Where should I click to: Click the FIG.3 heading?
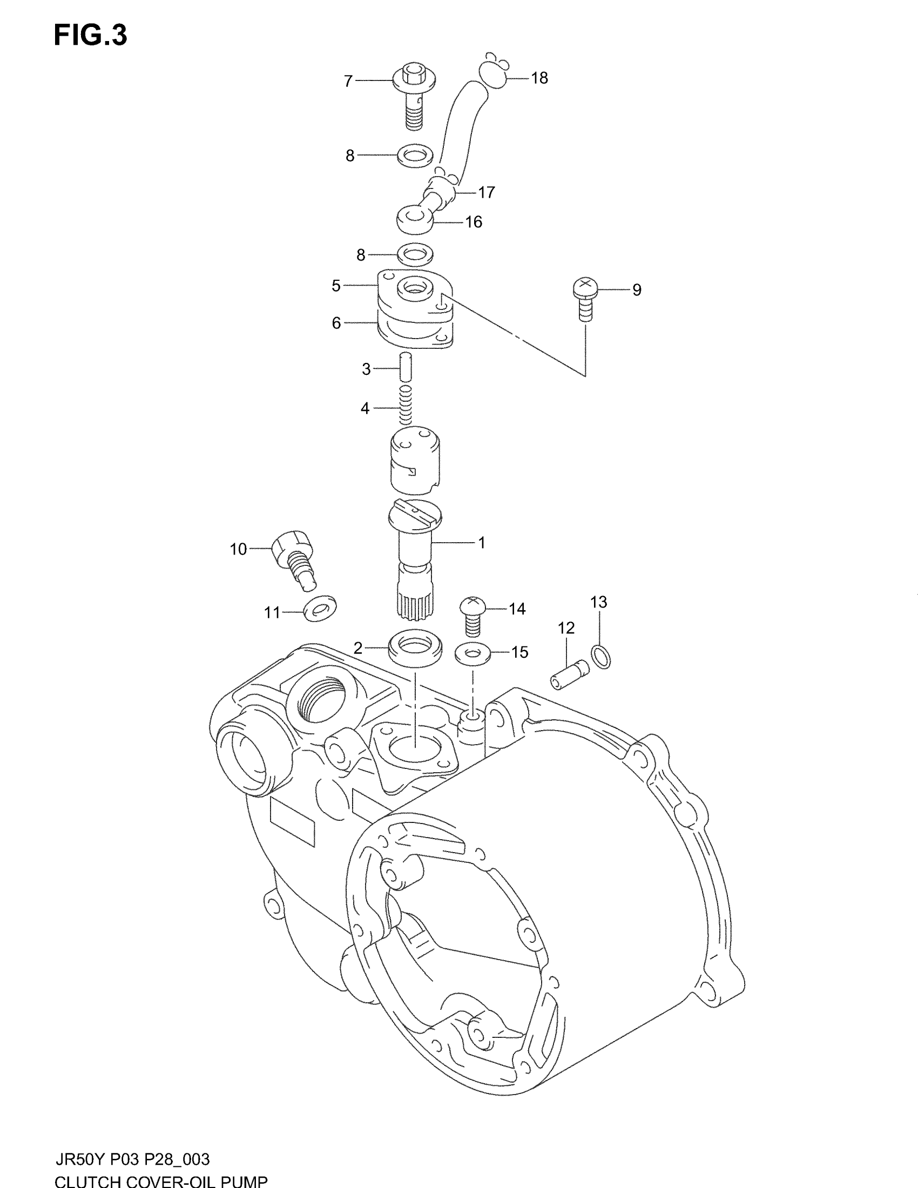point(90,36)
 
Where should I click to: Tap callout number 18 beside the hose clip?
point(539,78)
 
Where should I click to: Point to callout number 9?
point(636,290)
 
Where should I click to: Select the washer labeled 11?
point(320,608)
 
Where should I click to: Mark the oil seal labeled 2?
point(415,646)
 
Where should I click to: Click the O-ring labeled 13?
point(601,656)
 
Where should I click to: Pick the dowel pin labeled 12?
point(569,674)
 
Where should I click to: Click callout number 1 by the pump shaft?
point(481,542)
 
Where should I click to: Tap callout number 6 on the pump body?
point(336,323)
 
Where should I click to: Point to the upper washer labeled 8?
point(414,156)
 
